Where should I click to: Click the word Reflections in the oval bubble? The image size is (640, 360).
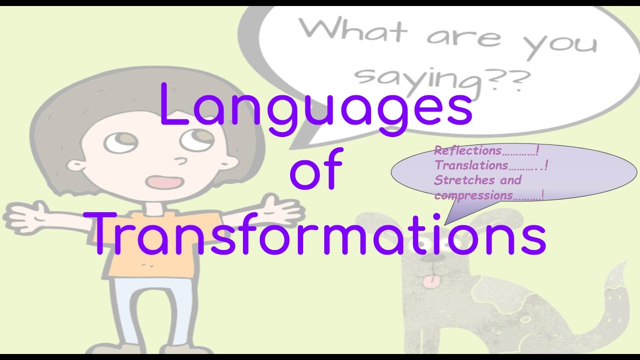click(467, 150)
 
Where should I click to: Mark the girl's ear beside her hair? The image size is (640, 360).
click(75, 165)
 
